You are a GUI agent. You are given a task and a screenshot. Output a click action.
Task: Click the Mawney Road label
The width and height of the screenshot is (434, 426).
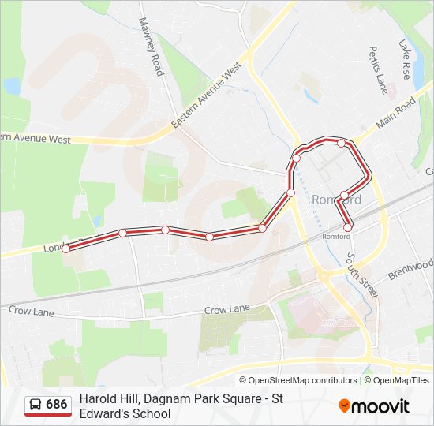click(x=150, y=47)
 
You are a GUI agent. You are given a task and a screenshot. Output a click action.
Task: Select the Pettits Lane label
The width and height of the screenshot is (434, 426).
click(x=376, y=69)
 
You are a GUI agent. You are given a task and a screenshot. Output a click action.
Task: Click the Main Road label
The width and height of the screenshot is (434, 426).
click(x=396, y=114)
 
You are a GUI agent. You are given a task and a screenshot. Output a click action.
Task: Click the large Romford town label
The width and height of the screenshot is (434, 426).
click(x=337, y=200)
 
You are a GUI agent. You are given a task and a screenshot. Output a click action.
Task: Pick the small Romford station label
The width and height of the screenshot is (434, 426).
click(x=336, y=236)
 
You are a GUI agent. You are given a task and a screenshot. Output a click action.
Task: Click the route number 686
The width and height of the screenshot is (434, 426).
click(x=57, y=405)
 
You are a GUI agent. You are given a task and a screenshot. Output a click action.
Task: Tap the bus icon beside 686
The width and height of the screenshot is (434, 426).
click(x=36, y=405)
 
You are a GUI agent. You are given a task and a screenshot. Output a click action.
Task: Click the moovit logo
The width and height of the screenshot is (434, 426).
click(x=374, y=406)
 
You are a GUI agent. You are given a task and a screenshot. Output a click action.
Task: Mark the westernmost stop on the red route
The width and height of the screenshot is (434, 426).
click(x=66, y=248)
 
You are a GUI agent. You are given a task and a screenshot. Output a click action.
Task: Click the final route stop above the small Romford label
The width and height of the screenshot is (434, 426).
click(x=348, y=228)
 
